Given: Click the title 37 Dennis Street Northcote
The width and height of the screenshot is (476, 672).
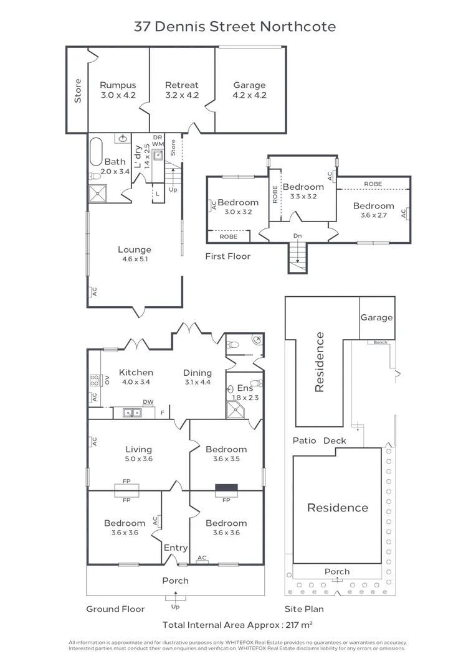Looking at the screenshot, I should tap(235, 27).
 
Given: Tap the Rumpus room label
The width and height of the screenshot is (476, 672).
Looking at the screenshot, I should tap(118, 90).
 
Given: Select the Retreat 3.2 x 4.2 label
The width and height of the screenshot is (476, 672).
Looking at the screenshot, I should tap(181, 90).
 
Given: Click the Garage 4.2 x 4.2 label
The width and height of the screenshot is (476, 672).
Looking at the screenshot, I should tap(249, 90).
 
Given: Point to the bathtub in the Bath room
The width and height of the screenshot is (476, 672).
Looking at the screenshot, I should tap(96, 151).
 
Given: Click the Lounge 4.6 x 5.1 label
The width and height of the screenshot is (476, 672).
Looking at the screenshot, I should tap(135, 254).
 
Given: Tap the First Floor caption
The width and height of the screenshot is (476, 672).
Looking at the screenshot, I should tap(228, 256).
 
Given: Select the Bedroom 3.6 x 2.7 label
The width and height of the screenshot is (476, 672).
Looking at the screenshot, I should tap(373, 210).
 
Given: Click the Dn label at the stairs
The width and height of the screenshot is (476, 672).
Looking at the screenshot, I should tap(298, 236).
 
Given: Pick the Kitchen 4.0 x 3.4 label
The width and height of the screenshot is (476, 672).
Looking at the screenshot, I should tap(136, 377).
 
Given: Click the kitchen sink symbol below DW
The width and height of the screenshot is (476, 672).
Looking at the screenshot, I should tap(131, 412).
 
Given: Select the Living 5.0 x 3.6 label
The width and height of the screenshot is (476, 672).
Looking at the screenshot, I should tap(138, 454).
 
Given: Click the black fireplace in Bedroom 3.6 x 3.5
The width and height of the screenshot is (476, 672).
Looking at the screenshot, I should tap(226, 489).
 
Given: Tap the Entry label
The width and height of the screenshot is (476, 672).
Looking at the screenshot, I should tap(175, 548).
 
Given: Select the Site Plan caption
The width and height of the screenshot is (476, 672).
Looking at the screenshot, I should tap(304, 609).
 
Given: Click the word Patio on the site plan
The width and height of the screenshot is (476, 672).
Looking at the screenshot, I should tap(305, 441).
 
